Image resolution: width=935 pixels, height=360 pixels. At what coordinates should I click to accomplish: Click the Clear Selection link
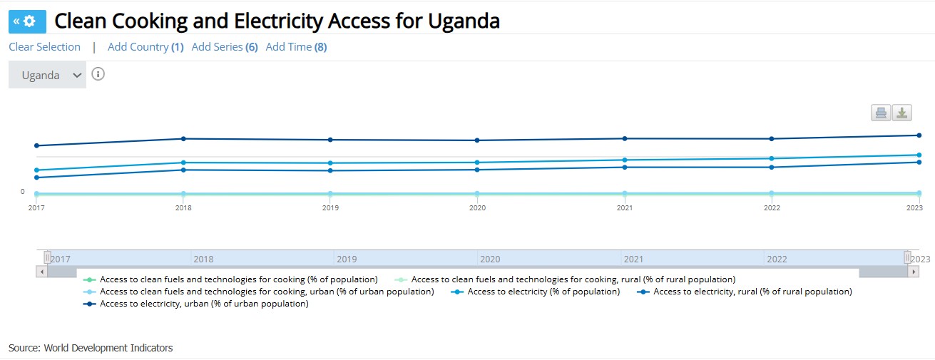click(44, 47)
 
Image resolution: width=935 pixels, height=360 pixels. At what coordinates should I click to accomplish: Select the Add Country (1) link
click(145, 47)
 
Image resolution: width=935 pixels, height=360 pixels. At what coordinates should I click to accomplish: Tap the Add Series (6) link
click(225, 47)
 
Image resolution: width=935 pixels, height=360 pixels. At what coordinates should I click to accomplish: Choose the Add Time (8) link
click(296, 47)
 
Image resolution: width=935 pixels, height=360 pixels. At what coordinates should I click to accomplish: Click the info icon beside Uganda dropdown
click(98, 74)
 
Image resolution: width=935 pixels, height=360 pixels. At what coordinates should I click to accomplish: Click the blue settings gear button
click(27, 21)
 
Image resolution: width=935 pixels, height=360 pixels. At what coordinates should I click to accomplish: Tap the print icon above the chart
click(881, 113)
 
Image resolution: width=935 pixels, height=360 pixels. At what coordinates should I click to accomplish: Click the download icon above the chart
click(902, 113)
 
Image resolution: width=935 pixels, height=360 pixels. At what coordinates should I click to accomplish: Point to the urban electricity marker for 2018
click(183, 138)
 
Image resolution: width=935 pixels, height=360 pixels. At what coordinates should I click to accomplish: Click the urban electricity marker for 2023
click(919, 135)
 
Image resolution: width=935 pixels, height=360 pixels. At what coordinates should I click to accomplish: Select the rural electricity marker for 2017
click(36, 178)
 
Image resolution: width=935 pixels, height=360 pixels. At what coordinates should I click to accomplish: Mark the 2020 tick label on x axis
click(477, 208)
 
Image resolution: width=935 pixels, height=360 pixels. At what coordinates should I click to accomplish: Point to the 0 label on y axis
click(22, 191)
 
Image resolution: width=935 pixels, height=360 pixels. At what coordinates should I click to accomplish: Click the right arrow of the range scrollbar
click(914, 272)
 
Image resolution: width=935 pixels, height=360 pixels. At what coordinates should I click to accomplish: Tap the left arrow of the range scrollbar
click(42, 272)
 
